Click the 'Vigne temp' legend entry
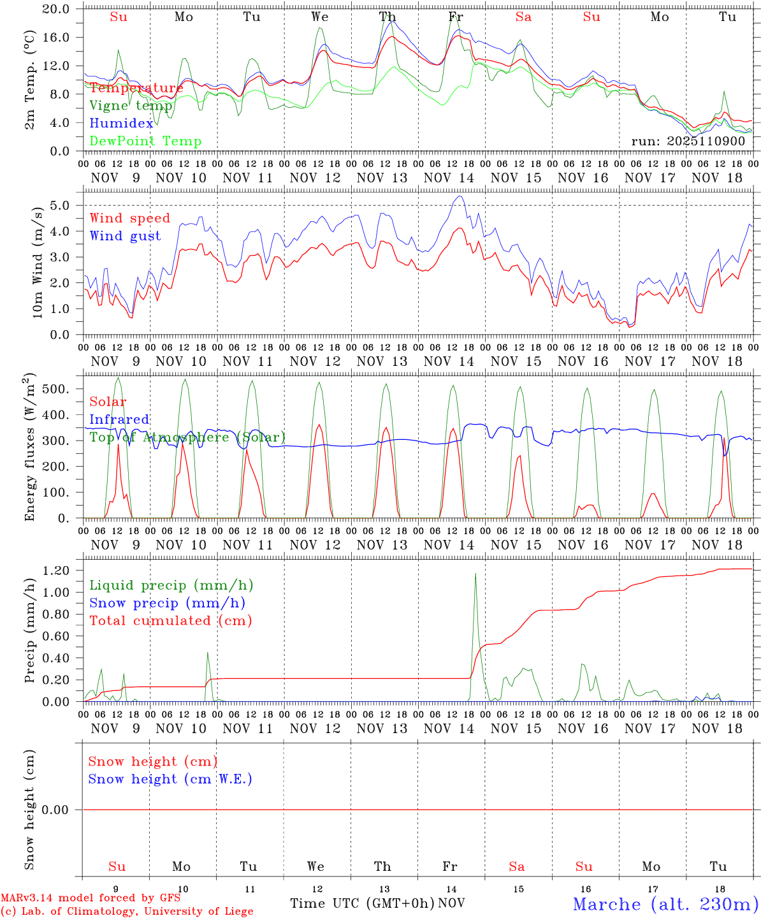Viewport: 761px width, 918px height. (x=131, y=106)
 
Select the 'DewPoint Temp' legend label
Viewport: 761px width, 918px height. (x=145, y=142)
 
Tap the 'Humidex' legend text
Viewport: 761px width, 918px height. (x=121, y=124)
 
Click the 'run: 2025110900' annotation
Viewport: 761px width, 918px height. (x=688, y=141)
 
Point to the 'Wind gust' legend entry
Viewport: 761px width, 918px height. (x=125, y=236)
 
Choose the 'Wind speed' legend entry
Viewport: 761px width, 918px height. (x=130, y=218)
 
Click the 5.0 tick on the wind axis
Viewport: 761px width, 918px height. (x=63, y=205)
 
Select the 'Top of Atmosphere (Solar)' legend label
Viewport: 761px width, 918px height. (x=187, y=437)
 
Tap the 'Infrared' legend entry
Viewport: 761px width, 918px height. (x=119, y=419)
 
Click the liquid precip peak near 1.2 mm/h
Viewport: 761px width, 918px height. (x=475, y=574)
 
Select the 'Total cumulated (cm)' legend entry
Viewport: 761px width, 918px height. (x=170, y=620)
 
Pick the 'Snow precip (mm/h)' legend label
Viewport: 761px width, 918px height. (x=167, y=603)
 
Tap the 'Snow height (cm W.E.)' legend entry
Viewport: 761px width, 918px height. (x=170, y=779)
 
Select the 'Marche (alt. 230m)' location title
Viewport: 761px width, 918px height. (x=665, y=904)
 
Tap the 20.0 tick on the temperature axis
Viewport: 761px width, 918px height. (x=57, y=9)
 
